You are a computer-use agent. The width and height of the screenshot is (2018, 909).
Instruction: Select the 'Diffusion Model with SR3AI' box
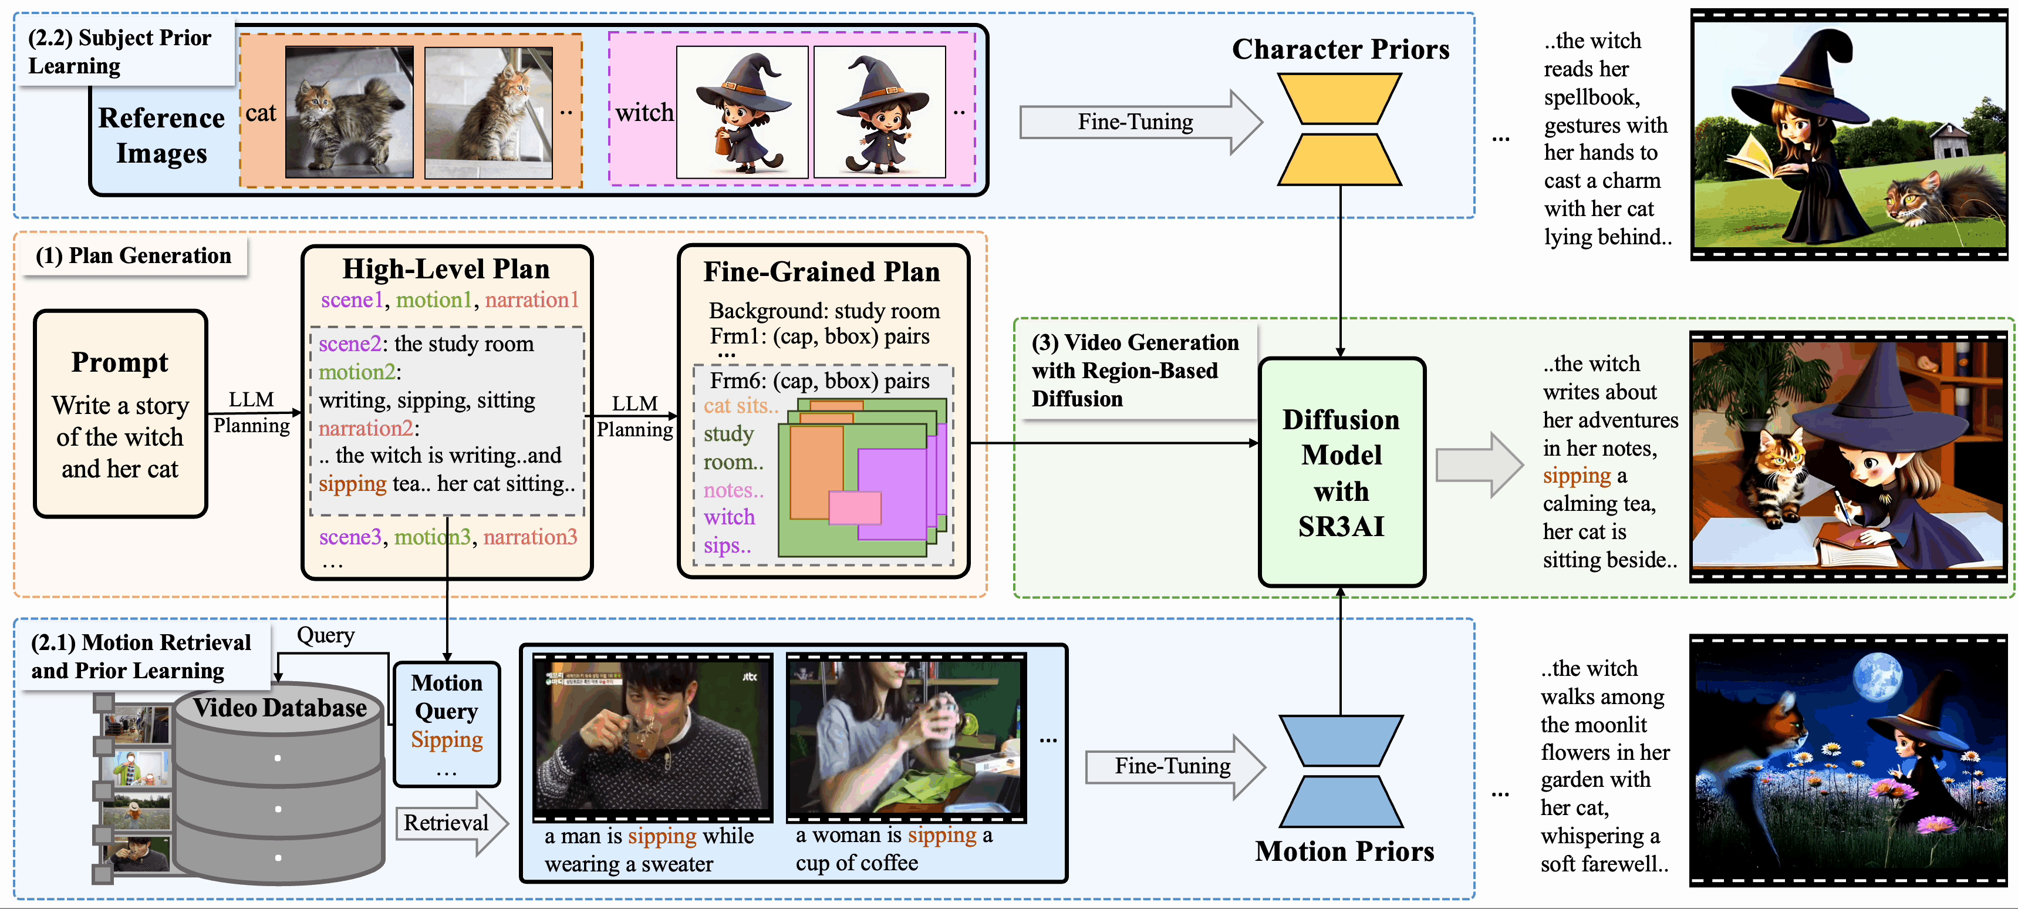tap(1341, 472)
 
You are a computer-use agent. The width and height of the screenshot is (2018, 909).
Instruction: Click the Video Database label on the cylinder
tap(279, 708)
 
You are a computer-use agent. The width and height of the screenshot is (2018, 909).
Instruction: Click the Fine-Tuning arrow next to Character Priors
tap(1140, 122)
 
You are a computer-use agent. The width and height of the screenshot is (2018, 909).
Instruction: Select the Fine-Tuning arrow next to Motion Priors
tap(1175, 766)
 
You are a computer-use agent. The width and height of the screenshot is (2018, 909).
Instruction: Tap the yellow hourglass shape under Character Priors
tap(1339, 129)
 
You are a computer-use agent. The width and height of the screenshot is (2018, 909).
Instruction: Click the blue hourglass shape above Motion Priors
tap(1341, 771)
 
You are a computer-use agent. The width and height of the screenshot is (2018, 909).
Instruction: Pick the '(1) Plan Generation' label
tap(133, 255)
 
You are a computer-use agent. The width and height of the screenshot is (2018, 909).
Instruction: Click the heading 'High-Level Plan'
tap(446, 269)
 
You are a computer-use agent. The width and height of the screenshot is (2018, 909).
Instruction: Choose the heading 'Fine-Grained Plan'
tap(821, 272)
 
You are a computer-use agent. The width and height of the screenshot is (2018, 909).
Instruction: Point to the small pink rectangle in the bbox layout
tap(855, 507)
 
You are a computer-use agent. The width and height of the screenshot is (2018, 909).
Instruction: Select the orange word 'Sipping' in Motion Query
tap(447, 740)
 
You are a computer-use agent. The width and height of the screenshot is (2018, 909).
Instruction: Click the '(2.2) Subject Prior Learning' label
tap(120, 52)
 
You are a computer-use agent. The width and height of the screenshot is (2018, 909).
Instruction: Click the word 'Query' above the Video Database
tap(325, 635)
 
